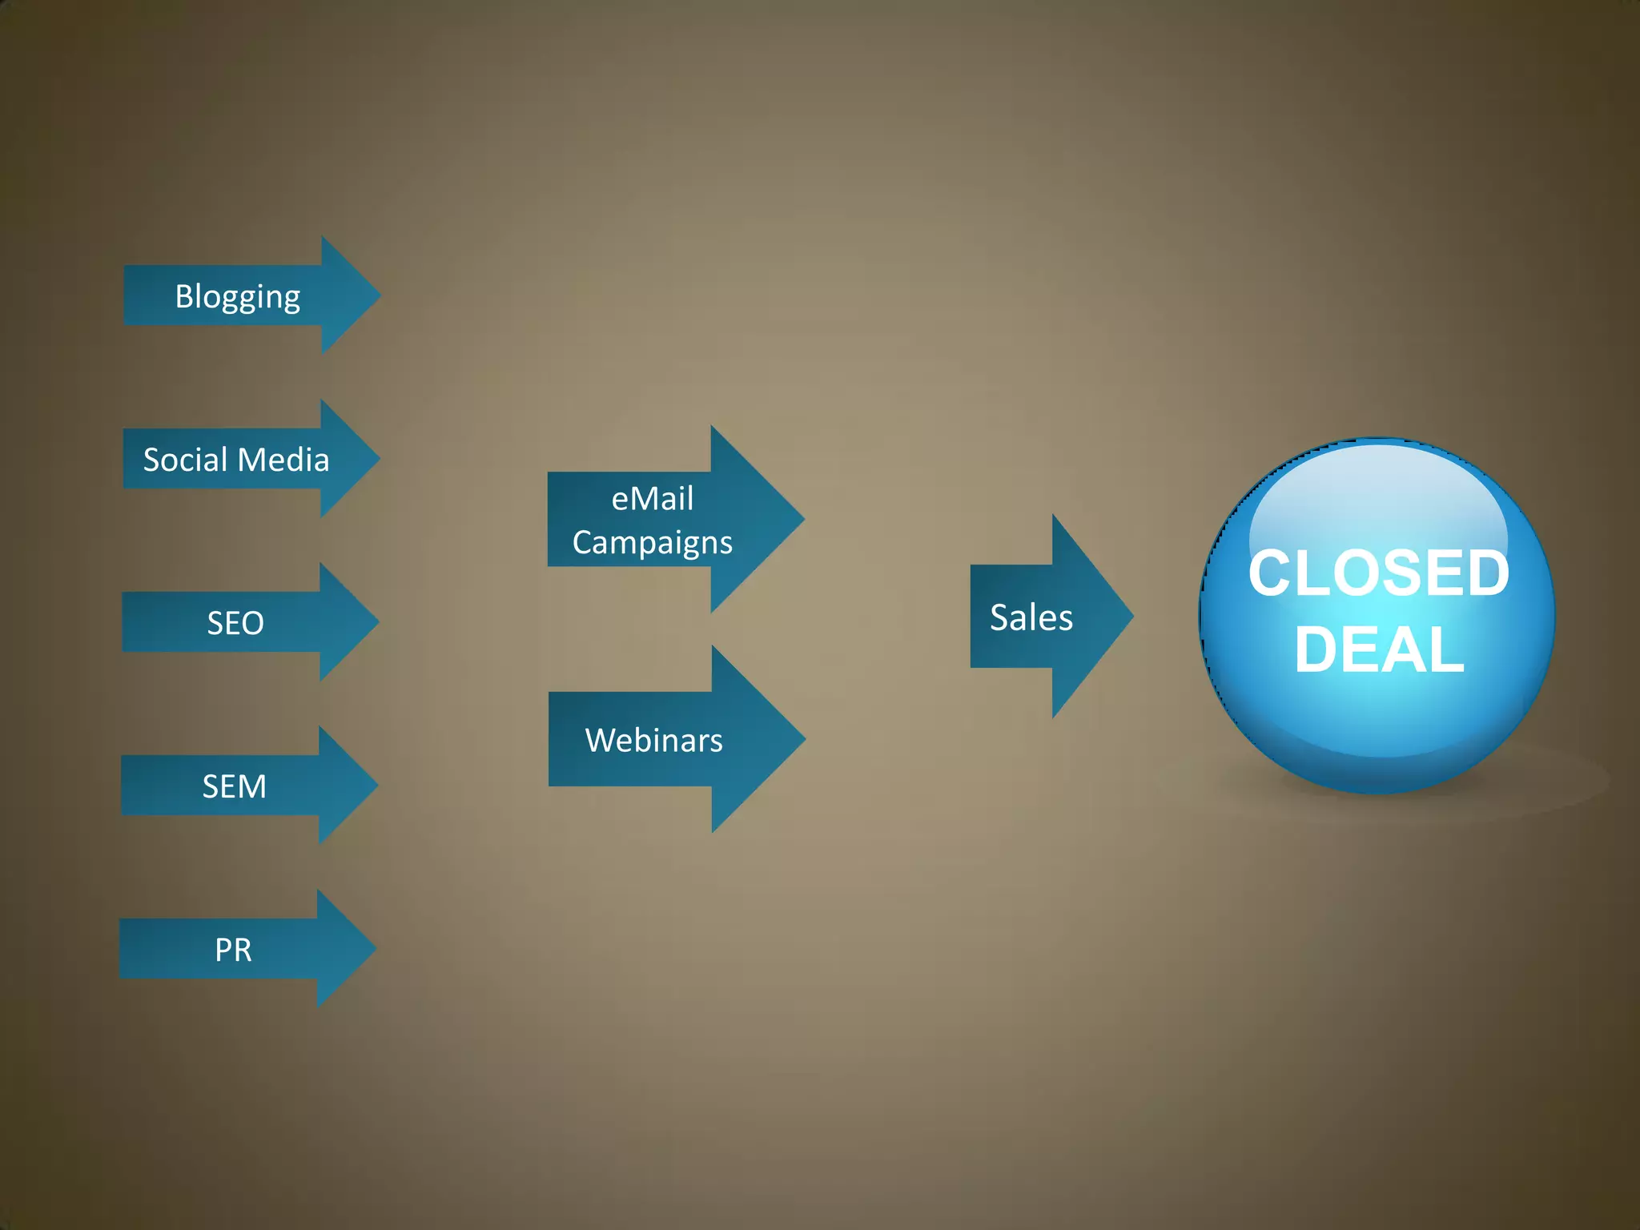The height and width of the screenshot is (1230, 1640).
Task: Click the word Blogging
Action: [x=238, y=297]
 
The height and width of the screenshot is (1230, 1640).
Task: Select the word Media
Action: [x=283, y=460]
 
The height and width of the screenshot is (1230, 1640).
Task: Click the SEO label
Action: [x=235, y=623]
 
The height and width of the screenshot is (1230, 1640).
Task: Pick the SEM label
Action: [x=234, y=786]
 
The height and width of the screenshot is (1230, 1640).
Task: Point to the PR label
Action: [x=233, y=950]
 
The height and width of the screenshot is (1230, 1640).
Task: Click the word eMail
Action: [x=653, y=499]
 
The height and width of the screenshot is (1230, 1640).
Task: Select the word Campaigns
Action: [x=653, y=543]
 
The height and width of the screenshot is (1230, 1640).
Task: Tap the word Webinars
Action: [x=654, y=740]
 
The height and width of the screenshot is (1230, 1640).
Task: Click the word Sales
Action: [x=1031, y=617]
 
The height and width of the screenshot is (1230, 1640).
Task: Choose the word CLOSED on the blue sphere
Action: [x=1379, y=573]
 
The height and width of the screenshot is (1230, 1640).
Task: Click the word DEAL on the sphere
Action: [x=1379, y=649]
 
